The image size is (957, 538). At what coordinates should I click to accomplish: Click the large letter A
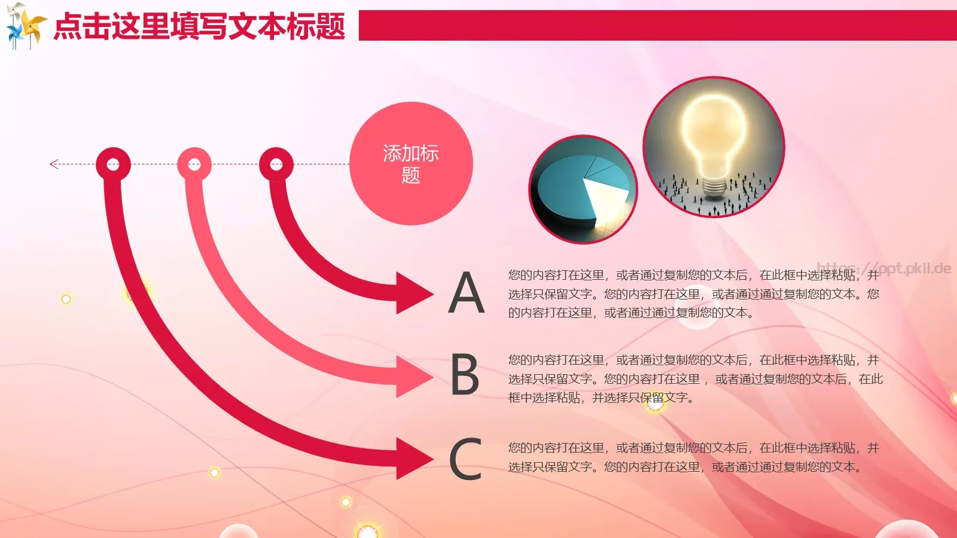pyautogui.click(x=467, y=293)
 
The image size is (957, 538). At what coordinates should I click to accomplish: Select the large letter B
pyautogui.click(x=465, y=375)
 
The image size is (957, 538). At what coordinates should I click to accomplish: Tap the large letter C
pyautogui.click(x=465, y=459)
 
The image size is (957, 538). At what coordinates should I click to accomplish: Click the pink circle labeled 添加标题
pyautogui.click(x=411, y=164)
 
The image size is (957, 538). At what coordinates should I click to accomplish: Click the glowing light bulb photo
pyautogui.click(x=714, y=147)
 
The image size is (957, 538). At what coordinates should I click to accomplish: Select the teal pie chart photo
pyautogui.click(x=583, y=189)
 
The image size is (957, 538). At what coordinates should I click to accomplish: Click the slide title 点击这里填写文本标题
pyautogui.click(x=200, y=26)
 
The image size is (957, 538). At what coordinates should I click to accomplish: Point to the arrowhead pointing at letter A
pyautogui.click(x=414, y=293)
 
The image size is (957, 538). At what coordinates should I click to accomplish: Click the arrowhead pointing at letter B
pyautogui.click(x=414, y=375)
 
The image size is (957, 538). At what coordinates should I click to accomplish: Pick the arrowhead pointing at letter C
pyautogui.click(x=414, y=458)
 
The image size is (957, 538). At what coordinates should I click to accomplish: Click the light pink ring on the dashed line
pyautogui.click(x=194, y=164)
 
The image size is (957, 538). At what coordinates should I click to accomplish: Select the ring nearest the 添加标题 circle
pyautogui.click(x=276, y=164)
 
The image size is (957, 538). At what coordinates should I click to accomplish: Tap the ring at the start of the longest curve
pyautogui.click(x=113, y=164)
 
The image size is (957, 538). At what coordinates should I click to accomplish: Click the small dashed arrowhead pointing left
pyautogui.click(x=54, y=164)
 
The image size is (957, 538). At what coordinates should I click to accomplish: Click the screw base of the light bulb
pyautogui.click(x=714, y=187)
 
